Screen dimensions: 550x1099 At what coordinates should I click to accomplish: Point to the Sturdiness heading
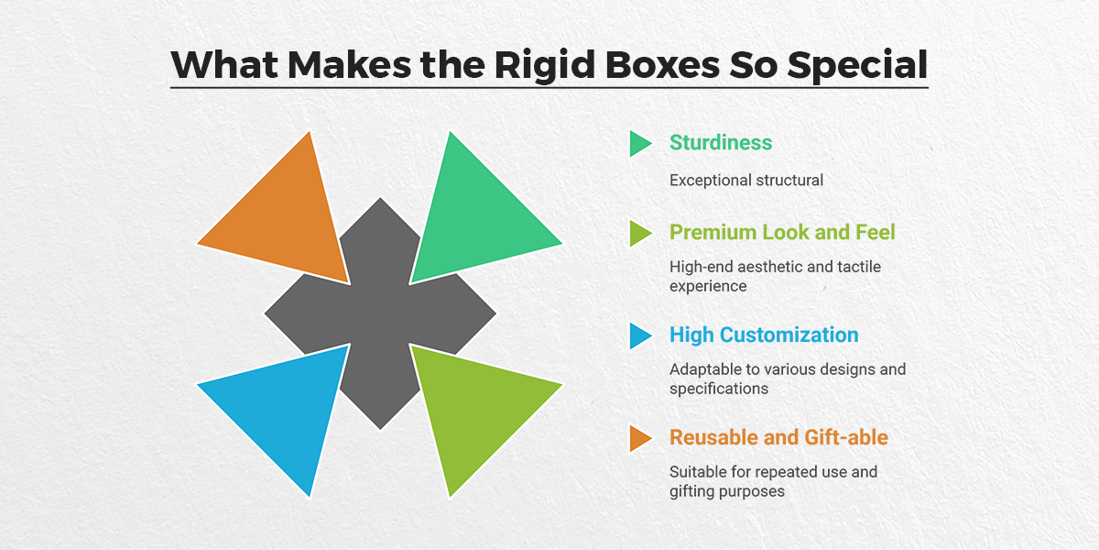point(721,142)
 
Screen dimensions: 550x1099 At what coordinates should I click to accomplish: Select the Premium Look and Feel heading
point(782,232)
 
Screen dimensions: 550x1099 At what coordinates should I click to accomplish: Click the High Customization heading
point(764,335)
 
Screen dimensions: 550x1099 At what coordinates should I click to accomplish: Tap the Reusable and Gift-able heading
point(778,437)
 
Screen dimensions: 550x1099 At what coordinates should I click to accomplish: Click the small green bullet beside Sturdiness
point(639,143)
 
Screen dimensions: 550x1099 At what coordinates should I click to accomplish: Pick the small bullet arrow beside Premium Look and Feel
point(639,233)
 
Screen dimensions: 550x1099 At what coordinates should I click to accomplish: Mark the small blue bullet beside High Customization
point(639,335)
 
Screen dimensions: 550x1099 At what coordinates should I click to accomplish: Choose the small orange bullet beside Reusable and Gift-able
point(639,438)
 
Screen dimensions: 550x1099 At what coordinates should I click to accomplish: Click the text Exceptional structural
point(746,180)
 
